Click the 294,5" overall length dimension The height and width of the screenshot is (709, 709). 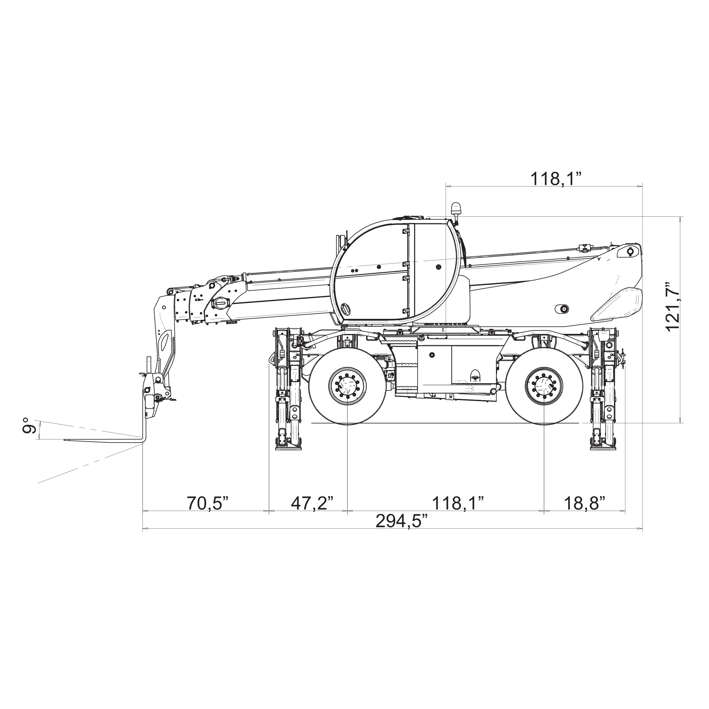click(401, 521)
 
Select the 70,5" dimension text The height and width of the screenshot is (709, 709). click(208, 503)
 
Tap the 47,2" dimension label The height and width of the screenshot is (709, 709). click(312, 503)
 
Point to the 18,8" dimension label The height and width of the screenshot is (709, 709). click(584, 503)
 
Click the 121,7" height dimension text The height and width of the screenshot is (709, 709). click(673, 307)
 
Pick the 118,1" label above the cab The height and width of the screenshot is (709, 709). click(556, 179)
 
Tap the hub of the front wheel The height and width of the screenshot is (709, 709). click(347, 386)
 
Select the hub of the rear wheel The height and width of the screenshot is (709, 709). click(544, 386)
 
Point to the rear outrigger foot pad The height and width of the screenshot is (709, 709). click(603, 448)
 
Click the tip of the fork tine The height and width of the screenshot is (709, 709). click(65, 440)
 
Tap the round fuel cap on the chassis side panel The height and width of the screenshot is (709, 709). click(432, 355)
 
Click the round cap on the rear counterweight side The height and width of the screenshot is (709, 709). click(562, 309)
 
